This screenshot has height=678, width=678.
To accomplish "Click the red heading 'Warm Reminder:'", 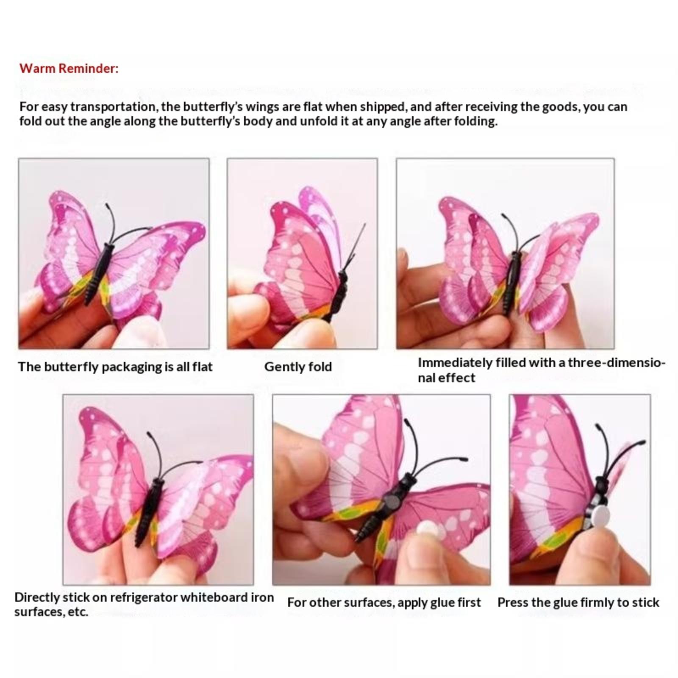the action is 69,69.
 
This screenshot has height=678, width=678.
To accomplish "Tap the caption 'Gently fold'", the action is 298,367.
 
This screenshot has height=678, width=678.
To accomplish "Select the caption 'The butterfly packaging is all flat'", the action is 115,367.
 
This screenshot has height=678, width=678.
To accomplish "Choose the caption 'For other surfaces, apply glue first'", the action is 384,603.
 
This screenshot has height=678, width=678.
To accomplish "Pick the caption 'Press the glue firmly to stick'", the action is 578,603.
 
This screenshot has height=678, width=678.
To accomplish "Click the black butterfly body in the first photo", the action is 98,274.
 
